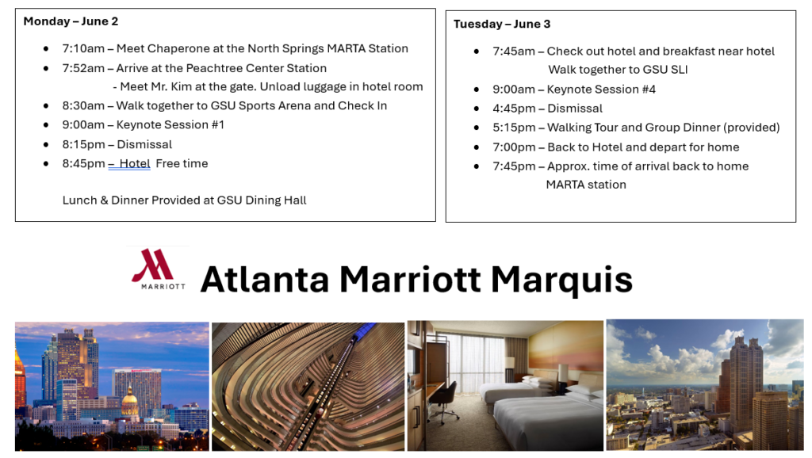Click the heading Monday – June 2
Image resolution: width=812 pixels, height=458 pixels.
pos(71,21)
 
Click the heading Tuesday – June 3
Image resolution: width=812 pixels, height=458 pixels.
pos(502,24)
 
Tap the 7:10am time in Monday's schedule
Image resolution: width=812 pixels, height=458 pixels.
pos(83,48)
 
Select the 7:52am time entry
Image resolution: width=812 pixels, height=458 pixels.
pos(83,68)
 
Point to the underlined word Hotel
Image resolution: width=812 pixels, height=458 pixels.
pos(135,163)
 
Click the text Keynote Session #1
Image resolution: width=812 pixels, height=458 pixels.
pos(170,124)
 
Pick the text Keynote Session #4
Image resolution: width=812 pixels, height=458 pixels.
pos(601,90)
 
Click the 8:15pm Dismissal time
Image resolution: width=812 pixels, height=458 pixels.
pos(83,144)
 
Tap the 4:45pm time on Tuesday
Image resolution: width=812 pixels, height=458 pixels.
pos(514,109)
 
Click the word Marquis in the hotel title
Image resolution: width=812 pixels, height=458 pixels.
pos(561,280)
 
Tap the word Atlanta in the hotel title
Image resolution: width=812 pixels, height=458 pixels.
pos(265,280)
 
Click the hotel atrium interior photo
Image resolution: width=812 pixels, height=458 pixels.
pos(308,387)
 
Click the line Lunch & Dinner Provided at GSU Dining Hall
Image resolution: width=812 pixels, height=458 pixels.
pos(184,200)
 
